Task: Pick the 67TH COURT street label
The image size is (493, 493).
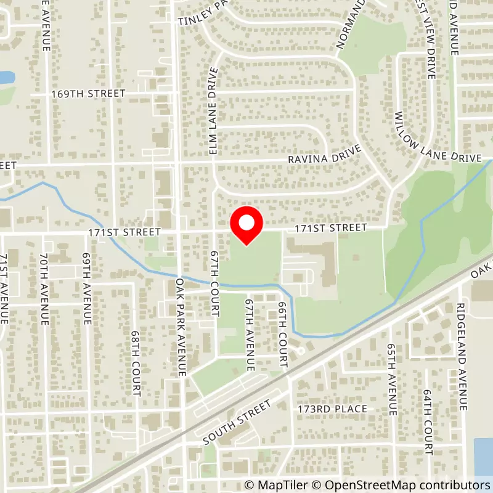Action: (x=214, y=283)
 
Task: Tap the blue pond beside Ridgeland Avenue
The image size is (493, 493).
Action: (x=484, y=456)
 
